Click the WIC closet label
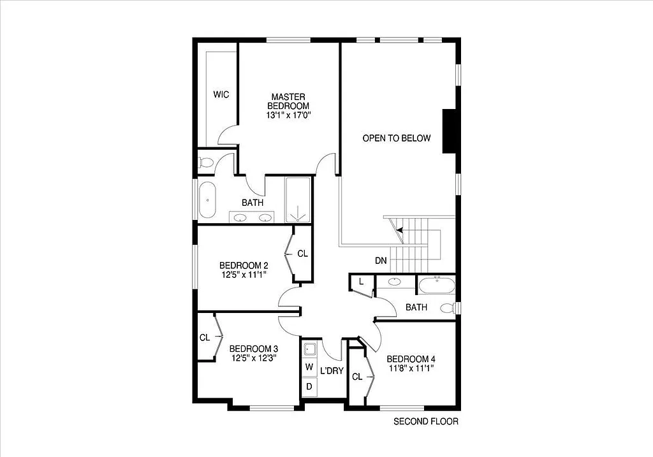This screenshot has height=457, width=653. click(221, 94)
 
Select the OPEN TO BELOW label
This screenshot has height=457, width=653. click(397, 138)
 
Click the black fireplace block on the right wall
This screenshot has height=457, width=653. click(450, 131)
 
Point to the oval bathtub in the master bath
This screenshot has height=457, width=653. click(208, 200)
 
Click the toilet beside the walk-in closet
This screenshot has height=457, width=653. click(205, 162)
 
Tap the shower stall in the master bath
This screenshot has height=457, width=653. click(298, 199)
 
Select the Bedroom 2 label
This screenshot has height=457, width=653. click(243, 265)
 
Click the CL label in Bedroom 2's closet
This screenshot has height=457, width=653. click(302, 254)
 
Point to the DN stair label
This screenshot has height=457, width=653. click(381, 261)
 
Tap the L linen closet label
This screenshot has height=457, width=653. click(361, 281)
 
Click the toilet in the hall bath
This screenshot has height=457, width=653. click(450, 308)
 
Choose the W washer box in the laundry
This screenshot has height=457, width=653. click(309, 367)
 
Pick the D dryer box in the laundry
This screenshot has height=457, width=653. click(309, 386)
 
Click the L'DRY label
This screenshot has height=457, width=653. click(332, 370)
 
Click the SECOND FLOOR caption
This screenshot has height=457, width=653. click(425, 421)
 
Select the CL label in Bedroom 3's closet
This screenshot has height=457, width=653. click(205, 338)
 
